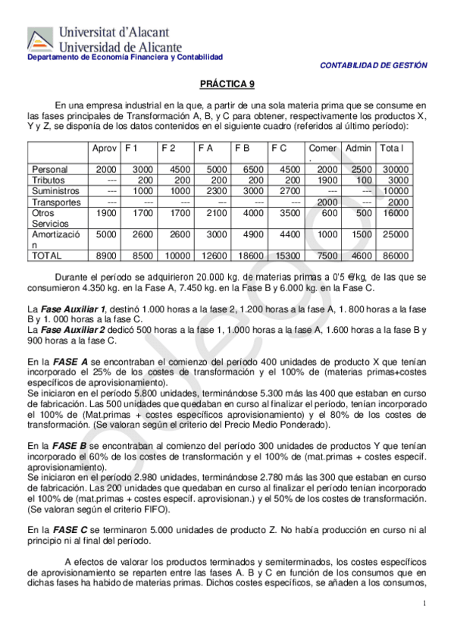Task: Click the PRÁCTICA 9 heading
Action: point(227,86)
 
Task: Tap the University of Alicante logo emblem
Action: point(40,39)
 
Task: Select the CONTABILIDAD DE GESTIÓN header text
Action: point(374,66)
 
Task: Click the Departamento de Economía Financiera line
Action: point(125,58)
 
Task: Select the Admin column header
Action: point(357,149)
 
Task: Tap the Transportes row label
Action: point(55,202)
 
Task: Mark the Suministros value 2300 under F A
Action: point(215,191)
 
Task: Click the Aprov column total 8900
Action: point(105,256)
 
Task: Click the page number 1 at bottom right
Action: point(425,603)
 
